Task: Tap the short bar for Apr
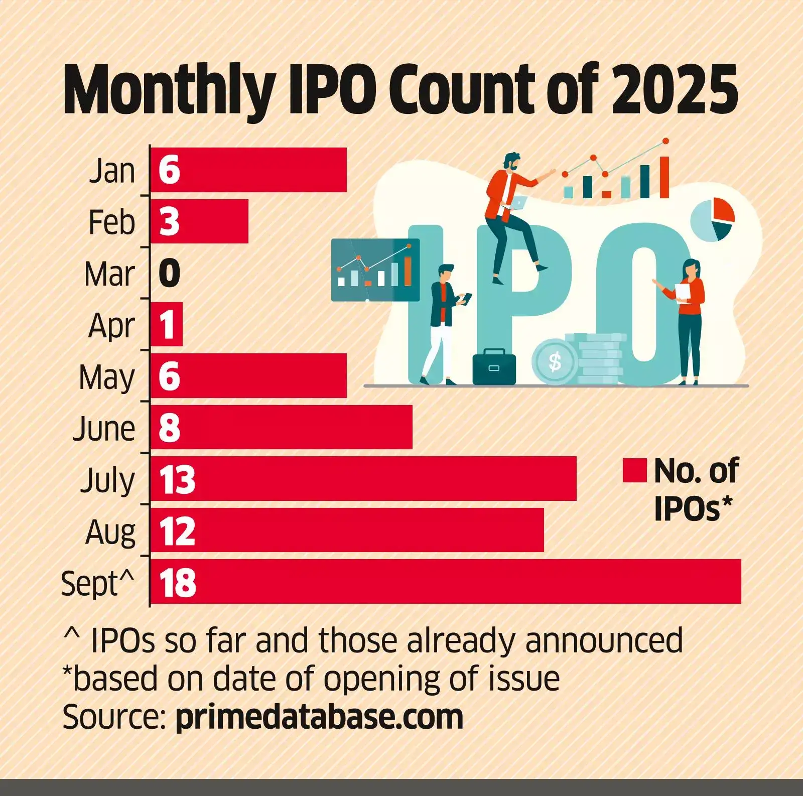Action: pos(167,324)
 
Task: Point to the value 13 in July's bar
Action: pos(177,479)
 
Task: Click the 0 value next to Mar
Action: pos(169,274)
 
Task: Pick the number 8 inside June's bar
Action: pos(169,428)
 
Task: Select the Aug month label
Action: pos(110,532)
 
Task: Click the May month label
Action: pos(107,377)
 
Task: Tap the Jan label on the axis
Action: pos(112,171)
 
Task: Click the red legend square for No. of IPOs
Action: pos(634,470)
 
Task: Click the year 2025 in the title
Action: pos(674,90)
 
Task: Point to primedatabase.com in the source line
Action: pos(319,716)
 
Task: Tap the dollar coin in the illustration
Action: pos(554,361)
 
